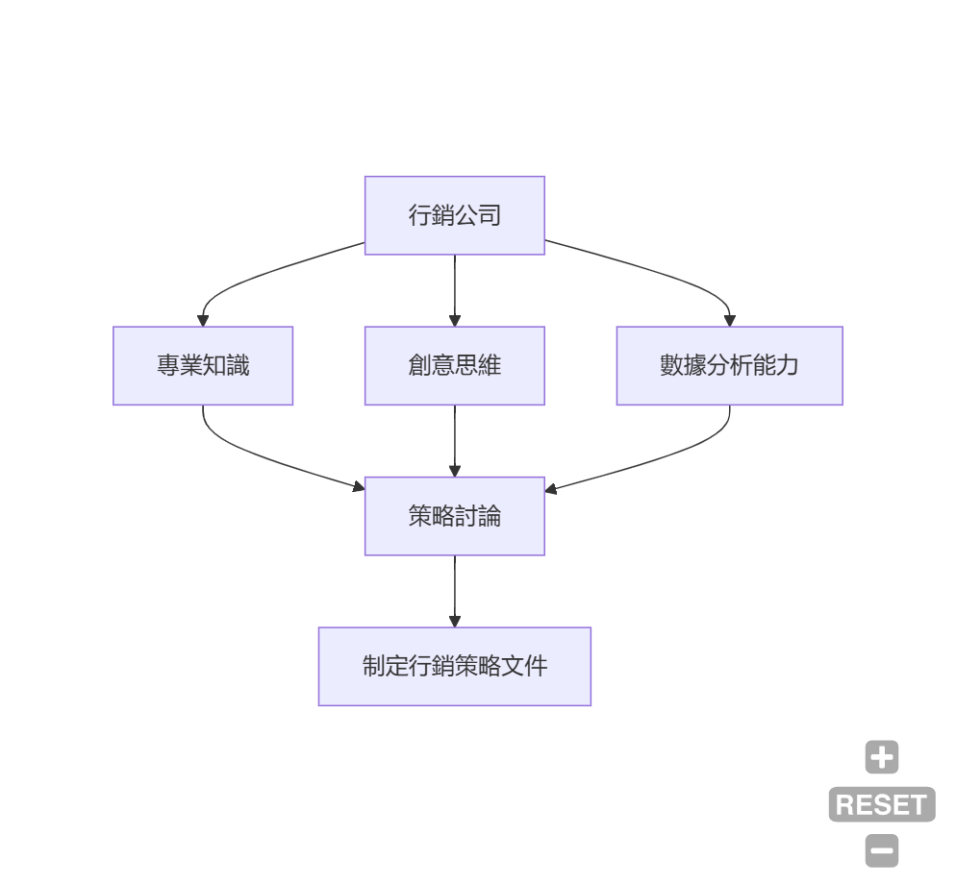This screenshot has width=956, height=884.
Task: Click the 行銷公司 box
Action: coord(454,215)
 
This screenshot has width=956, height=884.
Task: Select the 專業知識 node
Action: coord(203,366)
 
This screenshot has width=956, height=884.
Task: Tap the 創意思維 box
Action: coord(454,366)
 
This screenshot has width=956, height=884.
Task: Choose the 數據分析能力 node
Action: coord(729,366)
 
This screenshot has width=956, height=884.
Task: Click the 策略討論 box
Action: coord(454,516)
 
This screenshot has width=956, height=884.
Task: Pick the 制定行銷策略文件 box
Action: coord(454,667)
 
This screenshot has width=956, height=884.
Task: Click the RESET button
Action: coord(881,804)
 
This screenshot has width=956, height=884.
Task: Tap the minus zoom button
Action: coord(881,850)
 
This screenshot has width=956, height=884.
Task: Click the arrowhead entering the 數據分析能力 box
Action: coord(729,320)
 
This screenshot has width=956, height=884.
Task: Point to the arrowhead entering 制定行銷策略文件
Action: coord(455,621)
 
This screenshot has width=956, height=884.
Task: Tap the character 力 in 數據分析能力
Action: coord(788,366)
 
